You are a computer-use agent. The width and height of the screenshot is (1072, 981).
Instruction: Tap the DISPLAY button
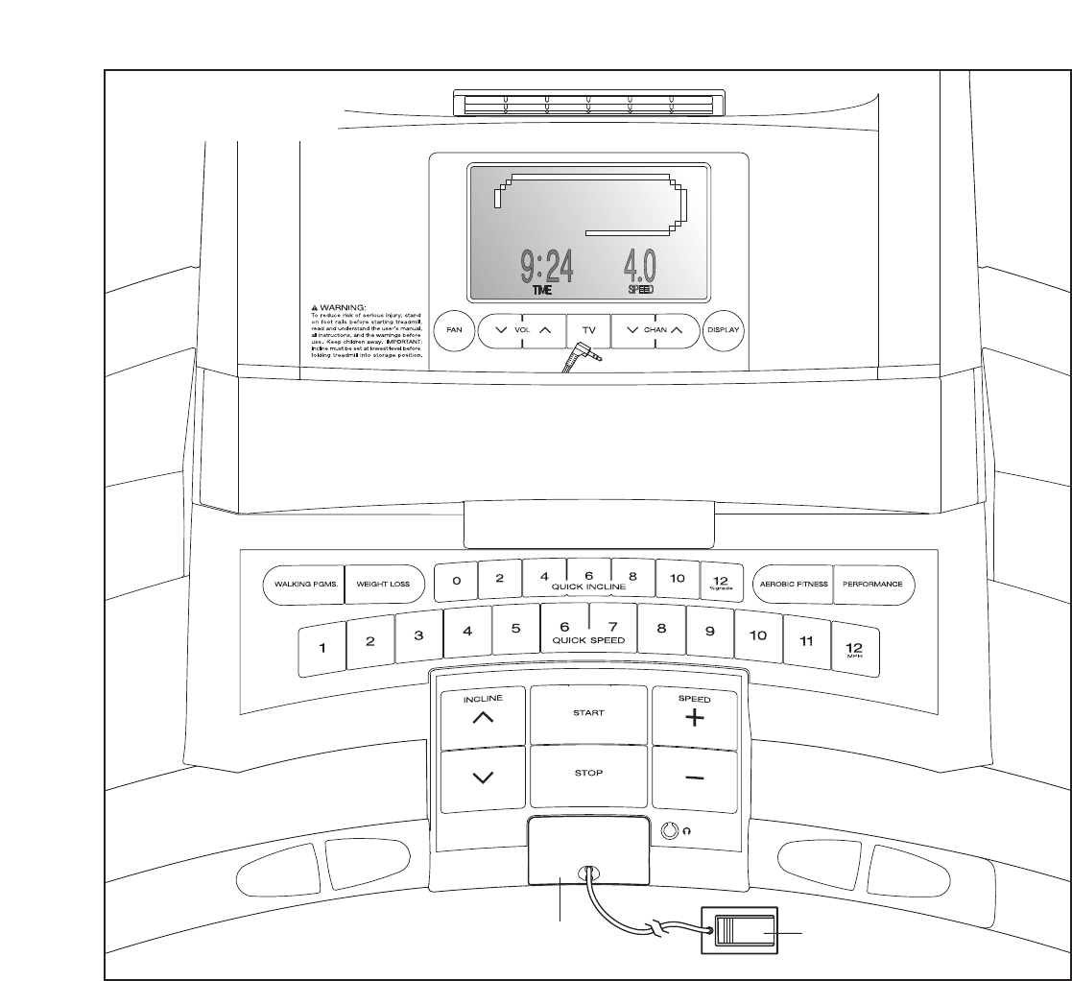(724, 329)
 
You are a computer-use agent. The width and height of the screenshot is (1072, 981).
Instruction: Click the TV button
(588, 329)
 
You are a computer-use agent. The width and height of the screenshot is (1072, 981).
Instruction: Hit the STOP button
(588, 773)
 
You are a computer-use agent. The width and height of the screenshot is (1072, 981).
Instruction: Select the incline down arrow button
(484, 778)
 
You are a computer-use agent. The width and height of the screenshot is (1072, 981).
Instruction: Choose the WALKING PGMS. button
(302, 583)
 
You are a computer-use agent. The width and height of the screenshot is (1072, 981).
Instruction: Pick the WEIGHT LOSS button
(383, 583)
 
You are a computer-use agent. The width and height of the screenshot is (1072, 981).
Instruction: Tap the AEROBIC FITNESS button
(791, 583)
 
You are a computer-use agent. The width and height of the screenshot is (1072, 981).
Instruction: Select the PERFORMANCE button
(872, 583)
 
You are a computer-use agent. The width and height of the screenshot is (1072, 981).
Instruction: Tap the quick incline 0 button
(457, 580)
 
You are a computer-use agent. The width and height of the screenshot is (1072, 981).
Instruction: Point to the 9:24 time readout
(547, 267)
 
